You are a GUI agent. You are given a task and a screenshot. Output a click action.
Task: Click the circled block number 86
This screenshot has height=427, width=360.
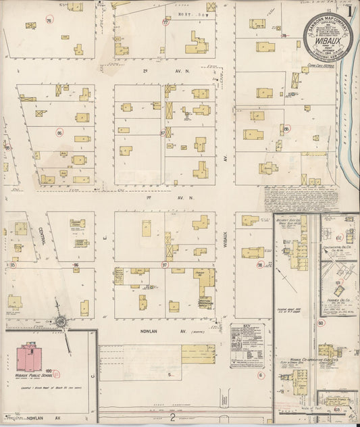coord(60,133)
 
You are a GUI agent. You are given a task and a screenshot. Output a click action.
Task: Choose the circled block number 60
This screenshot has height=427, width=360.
coord(321,323)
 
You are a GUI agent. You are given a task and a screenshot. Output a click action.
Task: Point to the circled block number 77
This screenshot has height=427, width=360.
coord(165,22)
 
